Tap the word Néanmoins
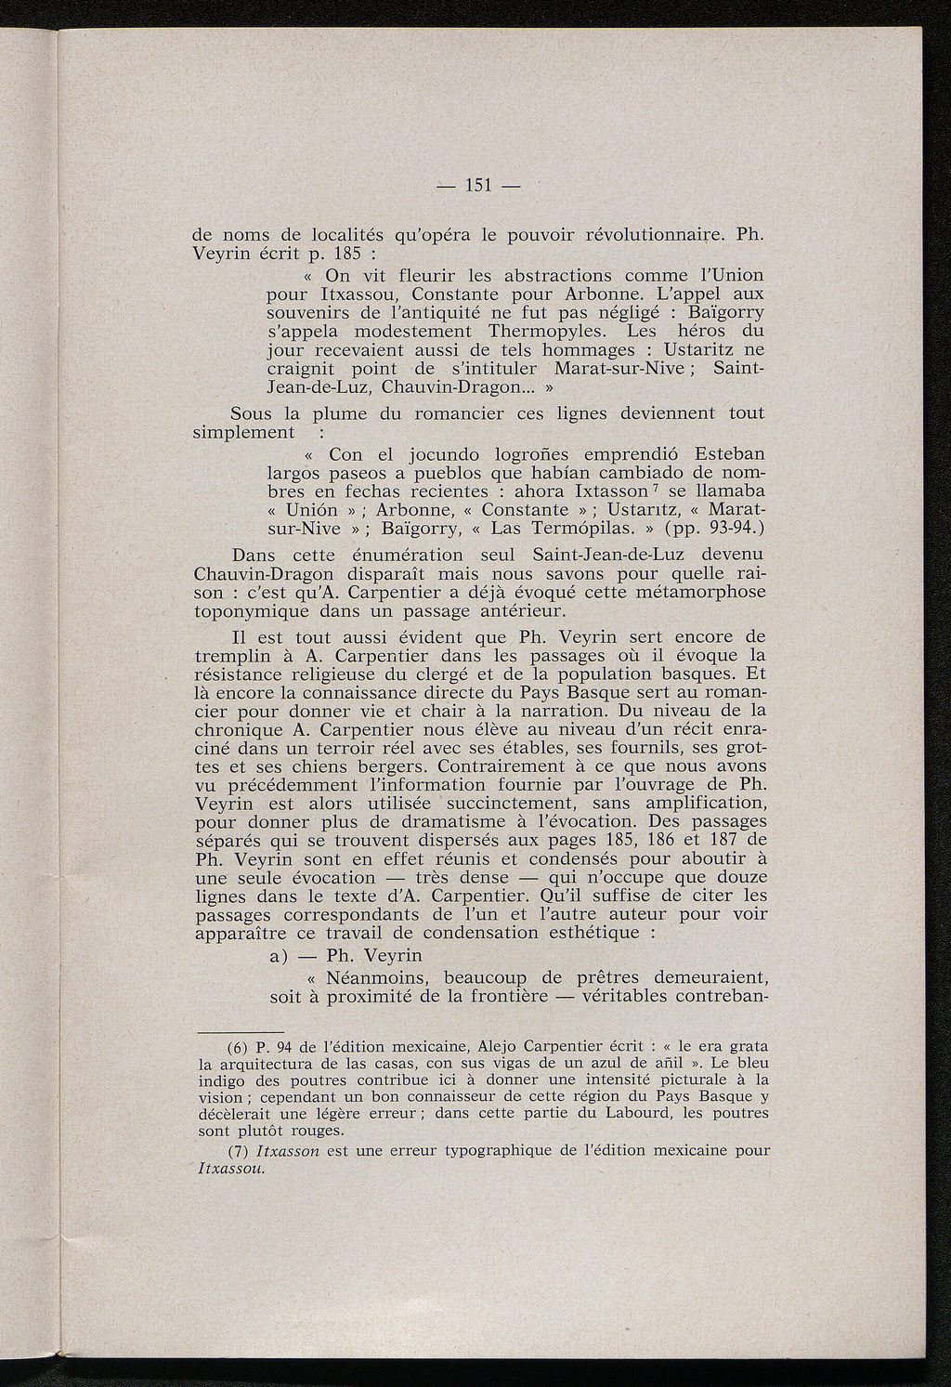pyautogui.click(x=378, y=977)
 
